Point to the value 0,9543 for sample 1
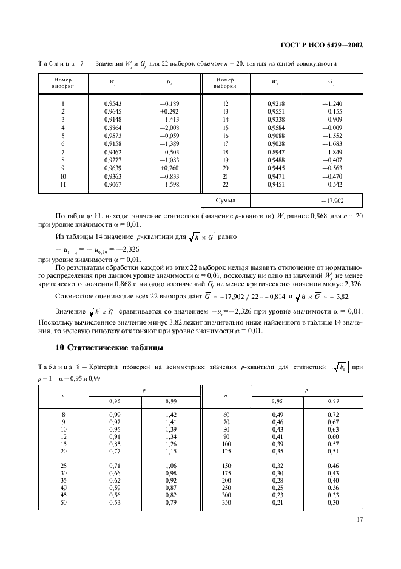point(113,103)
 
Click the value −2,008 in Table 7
point(169,128)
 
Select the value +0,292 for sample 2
point(169,112)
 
